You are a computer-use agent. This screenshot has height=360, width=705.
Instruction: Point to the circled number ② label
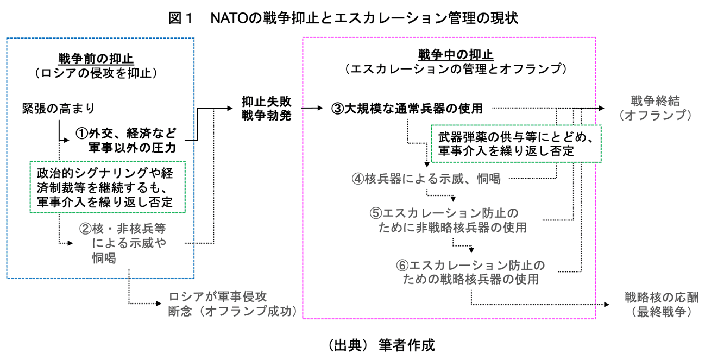click(x=86, y=228)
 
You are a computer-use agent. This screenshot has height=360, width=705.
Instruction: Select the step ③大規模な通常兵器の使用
click(x=407, y=109)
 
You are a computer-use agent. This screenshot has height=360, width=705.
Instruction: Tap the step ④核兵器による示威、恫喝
click(x=426, y=179)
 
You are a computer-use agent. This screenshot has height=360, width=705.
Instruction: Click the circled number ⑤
click(x=375, y=212)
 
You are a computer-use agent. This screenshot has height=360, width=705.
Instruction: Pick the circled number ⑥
click(x=402, y=266)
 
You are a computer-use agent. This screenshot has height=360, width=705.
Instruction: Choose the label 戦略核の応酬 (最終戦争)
click(x=660, y=305)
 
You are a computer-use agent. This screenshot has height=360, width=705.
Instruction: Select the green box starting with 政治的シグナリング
click(x=108, y=187)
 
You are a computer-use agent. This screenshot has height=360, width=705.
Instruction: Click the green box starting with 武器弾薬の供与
click(x=515, y=143)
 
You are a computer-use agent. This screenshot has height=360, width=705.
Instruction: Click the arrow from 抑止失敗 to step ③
click(x=312, y=108)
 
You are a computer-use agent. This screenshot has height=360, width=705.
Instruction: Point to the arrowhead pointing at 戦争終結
click(x=600, y=108)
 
